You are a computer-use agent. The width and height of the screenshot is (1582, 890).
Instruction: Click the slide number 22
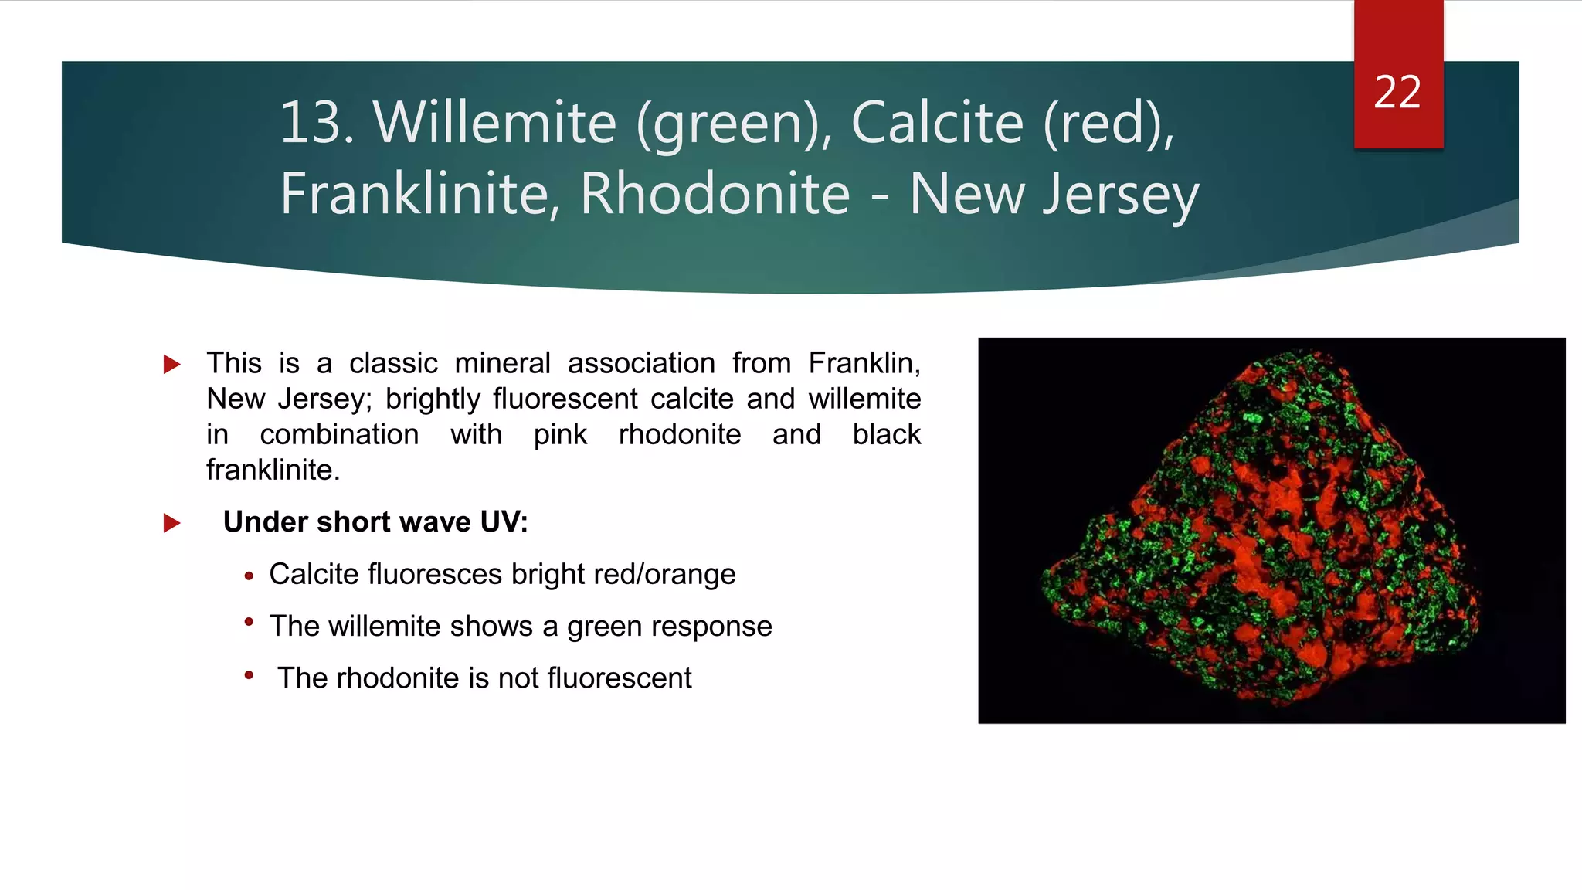[1397, 93]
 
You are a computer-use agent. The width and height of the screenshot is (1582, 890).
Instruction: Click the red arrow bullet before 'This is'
[172, 365]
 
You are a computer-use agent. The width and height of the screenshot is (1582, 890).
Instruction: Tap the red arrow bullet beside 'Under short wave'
[172, 523]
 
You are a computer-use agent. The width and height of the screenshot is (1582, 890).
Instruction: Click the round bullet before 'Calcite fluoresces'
[249, 576]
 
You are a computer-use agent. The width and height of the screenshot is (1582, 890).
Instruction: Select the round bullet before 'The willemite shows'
[249, 622]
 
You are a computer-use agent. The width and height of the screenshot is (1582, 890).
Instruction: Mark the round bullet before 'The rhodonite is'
[249, 674]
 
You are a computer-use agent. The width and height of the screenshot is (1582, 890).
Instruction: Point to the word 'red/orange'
[690, 575]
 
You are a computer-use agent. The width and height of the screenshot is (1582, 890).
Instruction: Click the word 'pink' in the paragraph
[560, 434]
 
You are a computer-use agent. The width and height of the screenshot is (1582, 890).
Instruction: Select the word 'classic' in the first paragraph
[393, 363]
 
